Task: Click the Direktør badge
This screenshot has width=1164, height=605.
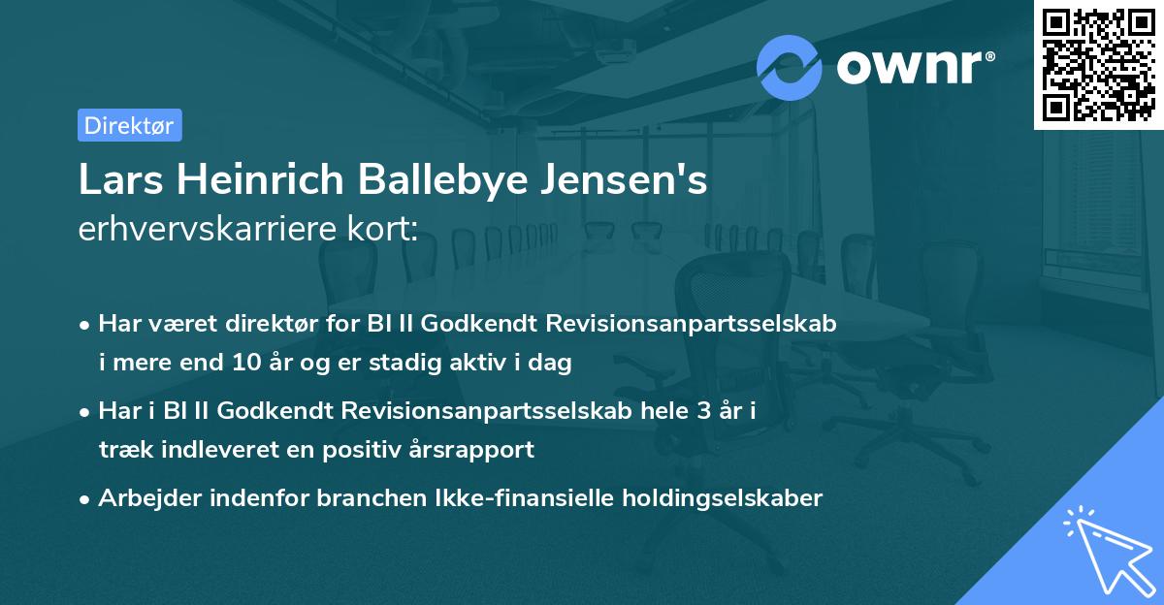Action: tap(129, 125)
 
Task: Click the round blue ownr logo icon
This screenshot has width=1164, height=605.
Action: tap(790, 67)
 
